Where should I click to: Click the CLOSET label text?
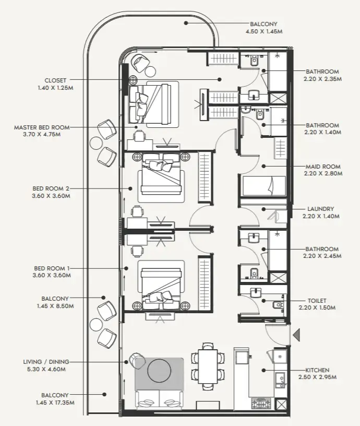55,80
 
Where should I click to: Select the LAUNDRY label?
321,209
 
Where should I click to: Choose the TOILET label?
317,301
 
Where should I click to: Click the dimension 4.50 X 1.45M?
263,31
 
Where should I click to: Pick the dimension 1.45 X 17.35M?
55,403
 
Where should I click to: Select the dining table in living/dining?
207,364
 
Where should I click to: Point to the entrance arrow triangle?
295,335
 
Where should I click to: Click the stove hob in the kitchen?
261,403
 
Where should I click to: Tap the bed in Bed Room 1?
160,285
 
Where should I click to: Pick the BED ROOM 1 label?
51,268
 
